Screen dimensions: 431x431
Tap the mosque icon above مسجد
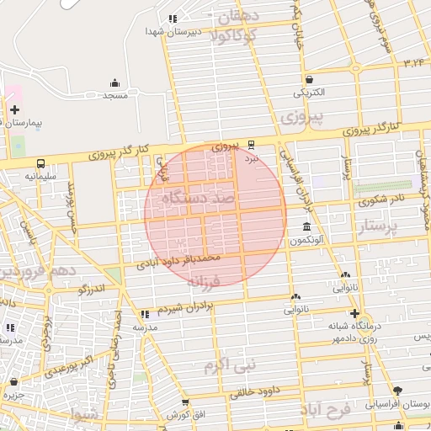(114, 82)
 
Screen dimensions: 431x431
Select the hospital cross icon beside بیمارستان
(14, 109)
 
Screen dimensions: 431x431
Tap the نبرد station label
(252, 158)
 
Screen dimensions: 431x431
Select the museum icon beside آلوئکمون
(305, 227)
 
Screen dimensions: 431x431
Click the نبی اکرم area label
(228, 366)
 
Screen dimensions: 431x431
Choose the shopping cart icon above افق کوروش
(183, 402)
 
